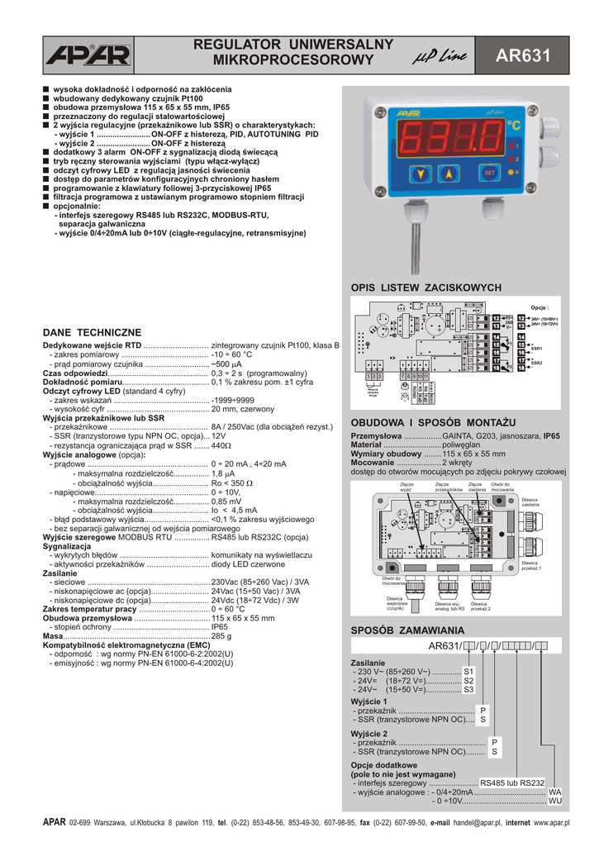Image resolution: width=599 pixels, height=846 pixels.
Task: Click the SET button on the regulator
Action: (489, 173)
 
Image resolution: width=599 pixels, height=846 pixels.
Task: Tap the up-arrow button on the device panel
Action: (449, 173)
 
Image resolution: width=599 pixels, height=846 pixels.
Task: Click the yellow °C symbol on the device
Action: (514, 126)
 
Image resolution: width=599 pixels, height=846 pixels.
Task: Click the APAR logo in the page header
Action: (88, 55)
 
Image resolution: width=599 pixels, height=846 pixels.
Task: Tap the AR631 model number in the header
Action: (522, 56)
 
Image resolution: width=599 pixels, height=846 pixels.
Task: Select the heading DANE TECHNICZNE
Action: (92, 331)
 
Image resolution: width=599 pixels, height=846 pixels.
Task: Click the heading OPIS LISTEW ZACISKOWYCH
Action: (426, 288)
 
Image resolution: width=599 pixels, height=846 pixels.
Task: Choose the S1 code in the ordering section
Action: (468, 671)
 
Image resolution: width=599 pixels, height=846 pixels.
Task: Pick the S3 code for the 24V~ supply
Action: (468, 689)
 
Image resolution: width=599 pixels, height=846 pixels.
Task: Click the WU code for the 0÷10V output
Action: (555, 801)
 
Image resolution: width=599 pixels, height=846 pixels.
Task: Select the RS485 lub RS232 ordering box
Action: (512, 782)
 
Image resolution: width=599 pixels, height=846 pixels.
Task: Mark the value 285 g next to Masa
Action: (221, 636)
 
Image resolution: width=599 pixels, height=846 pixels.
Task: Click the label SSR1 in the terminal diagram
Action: (536, 349)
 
